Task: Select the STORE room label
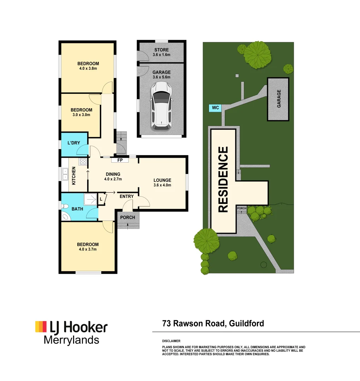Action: [x=161, y=50]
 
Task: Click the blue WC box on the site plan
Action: [x=215, y=108]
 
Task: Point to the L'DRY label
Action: [x=74, y=143]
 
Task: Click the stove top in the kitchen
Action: [x=83, y=162]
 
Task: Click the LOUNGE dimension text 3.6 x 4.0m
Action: [x=162, y=185]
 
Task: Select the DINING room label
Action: [x=113, y=174]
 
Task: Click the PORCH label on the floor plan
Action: [x=127, y=217]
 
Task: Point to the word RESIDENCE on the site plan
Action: [x=223, y=180]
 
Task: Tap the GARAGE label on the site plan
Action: [x=279, y=99]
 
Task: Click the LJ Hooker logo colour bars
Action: [x=41, y=327]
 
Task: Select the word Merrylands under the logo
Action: [x=71, y=340]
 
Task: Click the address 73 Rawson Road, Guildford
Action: [x=213, y=323]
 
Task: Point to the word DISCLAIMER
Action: [x=171, y=341]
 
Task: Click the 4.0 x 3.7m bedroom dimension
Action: [x=88, y=249]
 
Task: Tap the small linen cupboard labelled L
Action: [x=101, y=199]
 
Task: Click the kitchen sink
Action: [x=65, y=174]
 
